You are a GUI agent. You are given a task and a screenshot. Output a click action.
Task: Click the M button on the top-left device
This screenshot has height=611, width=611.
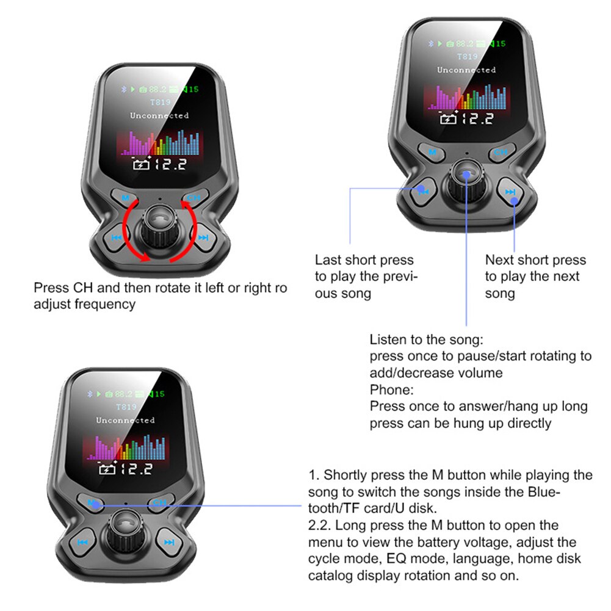(x=125, y=198)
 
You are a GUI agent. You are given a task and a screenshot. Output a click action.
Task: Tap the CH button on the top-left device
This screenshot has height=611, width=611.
(x=193, y=198)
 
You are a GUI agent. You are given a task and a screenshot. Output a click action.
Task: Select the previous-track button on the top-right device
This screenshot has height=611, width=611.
(x=422, y=191)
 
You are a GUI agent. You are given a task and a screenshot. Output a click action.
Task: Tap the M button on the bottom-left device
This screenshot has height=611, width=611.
(x=92, y=503)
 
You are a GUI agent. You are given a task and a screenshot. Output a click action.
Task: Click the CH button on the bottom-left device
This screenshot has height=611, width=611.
(x=159, y=503)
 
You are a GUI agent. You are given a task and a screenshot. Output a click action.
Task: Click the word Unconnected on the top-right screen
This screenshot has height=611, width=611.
(x=466, y=70)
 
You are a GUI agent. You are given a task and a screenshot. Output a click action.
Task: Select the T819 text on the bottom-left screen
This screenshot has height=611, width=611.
(x=126, y=407)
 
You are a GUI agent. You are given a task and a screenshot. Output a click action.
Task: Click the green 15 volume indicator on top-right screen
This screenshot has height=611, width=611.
(x=499, y=43)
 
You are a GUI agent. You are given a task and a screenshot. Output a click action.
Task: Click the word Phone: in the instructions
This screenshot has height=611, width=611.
(x=391, y=389)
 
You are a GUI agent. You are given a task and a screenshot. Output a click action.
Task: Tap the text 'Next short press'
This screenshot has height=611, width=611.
(x=535, y=260)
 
